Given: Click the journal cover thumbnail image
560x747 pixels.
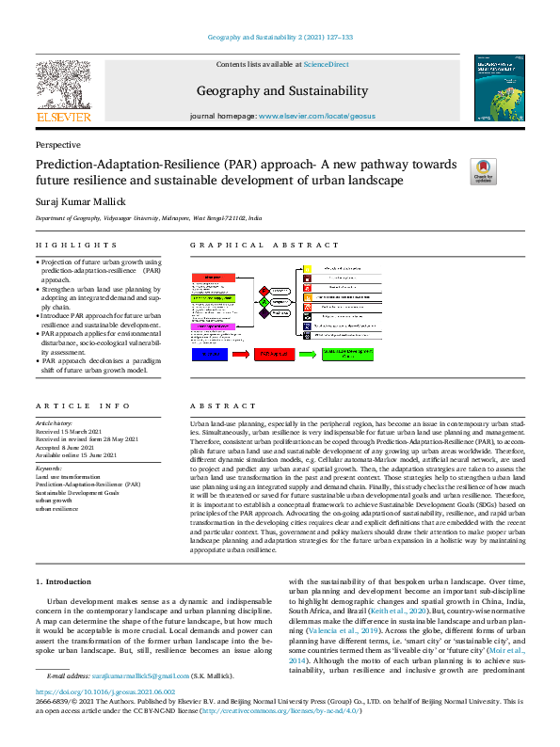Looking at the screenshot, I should tap(500, 87).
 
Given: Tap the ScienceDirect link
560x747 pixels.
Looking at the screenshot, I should tap(324, 64).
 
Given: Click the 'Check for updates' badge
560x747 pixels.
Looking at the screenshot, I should tap(483, 170).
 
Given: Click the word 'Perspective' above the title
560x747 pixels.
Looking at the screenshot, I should tap(57, 145).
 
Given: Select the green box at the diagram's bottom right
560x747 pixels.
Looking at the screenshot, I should tap(349, 354).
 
